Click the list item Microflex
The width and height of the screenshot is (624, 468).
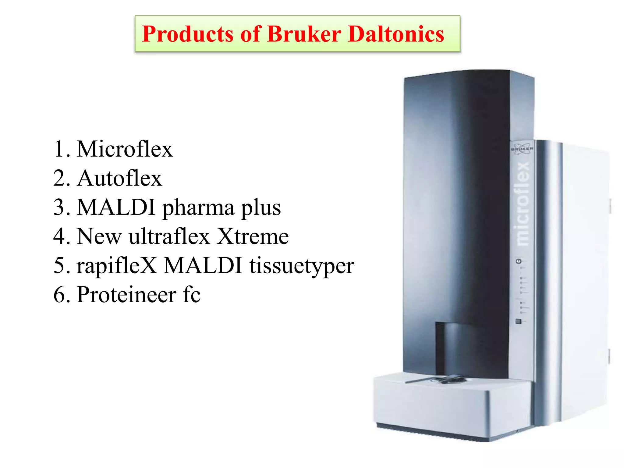point(125,149)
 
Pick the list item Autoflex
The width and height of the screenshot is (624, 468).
point(119,178)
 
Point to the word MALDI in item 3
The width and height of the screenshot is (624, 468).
point(116,207)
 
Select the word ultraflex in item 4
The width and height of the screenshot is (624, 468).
point(169,236)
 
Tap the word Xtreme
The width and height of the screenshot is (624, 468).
point(253,236)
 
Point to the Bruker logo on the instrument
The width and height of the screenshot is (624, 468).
point(522,148)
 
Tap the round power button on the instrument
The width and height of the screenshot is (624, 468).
point(519,261)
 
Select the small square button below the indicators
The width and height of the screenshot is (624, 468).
point(518,321)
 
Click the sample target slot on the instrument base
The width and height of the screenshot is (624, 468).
point(448,380)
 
